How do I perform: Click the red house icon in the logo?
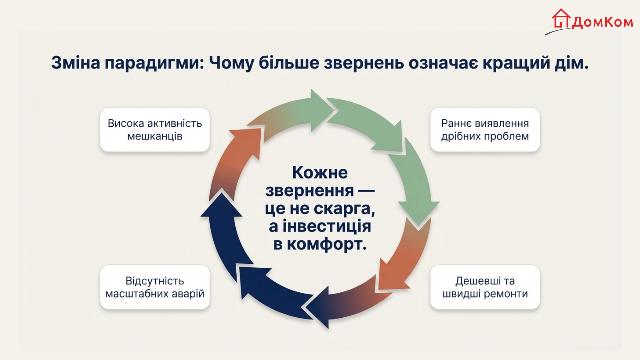561,19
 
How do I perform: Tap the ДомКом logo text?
602,22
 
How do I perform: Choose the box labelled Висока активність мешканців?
155,130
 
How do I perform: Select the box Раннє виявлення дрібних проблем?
485,130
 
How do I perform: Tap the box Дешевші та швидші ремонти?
485,287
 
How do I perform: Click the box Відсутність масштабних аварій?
155,287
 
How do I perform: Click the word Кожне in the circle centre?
320,173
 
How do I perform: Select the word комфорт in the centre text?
327,244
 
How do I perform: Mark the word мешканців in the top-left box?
155,136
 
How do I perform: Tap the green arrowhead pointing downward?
419,213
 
